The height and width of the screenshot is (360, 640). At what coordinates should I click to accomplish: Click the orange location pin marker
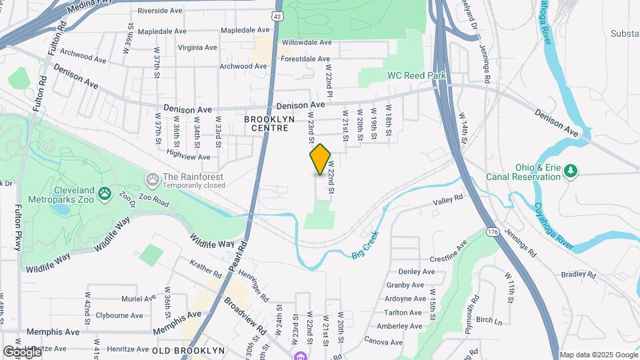click(x=321, y=159)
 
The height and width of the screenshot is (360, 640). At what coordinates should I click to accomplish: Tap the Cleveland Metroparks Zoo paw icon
click(x=105, y=193)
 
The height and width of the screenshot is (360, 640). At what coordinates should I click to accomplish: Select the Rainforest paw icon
click(x=153, y=179)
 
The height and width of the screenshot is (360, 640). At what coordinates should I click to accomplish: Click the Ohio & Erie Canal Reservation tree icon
click(x=570, y=171)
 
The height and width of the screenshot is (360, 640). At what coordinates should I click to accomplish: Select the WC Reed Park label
click(x=417, y=76)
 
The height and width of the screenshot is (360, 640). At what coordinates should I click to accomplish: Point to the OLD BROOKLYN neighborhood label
click(x=188, y=350)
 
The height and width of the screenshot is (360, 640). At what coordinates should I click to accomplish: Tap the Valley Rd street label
click(x=447, y=199)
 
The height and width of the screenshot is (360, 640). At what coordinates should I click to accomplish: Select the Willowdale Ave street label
click(x=307, y=42)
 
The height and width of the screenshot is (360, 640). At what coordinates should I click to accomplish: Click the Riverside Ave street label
click(x=160, y=11)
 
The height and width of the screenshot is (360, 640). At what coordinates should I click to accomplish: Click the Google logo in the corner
click(x=21, y=351)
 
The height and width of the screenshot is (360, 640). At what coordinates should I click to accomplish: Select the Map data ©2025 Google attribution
click(x=598, y=355)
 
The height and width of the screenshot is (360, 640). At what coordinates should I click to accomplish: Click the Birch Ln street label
click(x=490, y=321)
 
